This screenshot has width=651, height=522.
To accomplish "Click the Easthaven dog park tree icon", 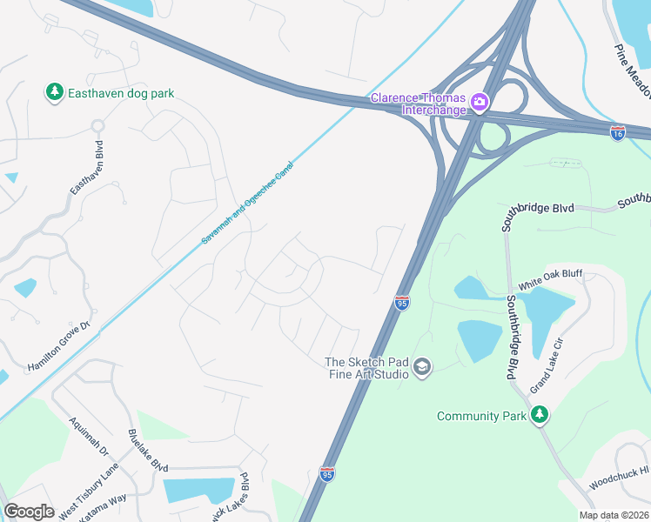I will (x=54, y=91).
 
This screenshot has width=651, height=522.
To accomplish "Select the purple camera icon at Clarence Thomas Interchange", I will (x=479, y=104).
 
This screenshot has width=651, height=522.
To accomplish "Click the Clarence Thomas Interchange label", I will (x=419, y=104).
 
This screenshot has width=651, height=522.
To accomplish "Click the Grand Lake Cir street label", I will (x=542, y=365).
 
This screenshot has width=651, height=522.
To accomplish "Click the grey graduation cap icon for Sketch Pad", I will (x=422, y=368).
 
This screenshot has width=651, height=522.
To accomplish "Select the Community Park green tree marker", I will (x=540, y=415).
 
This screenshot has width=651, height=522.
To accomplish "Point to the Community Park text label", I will (x=481, y=416).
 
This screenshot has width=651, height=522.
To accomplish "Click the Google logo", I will (x=29, y=512).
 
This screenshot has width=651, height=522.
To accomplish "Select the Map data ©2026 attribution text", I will (x=614, y=515).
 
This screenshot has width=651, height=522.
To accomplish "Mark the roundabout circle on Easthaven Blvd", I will (x=98, y=126).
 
